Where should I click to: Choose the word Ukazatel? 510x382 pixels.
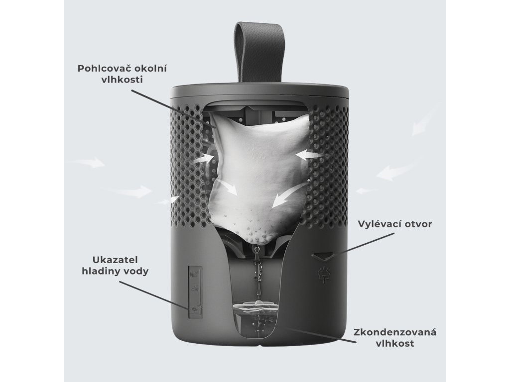pos(115,260)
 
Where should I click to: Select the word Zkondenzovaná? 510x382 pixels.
pos(394,332)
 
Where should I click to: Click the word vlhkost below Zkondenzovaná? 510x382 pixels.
pos(394,343)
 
